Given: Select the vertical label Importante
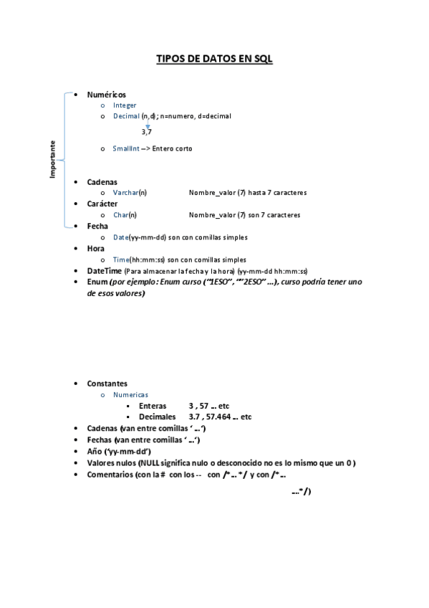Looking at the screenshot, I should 52,159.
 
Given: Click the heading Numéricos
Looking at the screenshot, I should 106,94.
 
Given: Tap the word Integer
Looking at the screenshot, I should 125,105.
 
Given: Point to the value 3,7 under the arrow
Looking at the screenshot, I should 146,132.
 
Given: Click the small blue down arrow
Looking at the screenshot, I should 148,125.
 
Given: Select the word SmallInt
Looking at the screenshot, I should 126,148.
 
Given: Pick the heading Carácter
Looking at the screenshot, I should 102,204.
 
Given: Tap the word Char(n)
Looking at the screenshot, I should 125,214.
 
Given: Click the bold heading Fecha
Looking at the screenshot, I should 97,226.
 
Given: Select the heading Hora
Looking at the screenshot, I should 96,248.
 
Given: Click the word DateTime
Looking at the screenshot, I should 104,271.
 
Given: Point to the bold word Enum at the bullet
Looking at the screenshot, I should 97,282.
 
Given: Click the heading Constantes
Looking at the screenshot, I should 107,384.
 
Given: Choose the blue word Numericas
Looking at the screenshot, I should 130,394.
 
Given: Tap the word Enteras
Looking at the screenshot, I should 153,406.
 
